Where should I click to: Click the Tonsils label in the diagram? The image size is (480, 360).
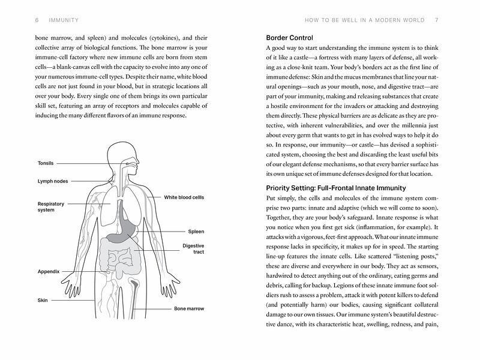tap(46, 163)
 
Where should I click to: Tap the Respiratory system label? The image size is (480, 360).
tap(50, 207)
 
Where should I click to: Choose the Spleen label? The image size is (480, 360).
tap(196, 231)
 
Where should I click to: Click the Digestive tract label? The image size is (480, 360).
tap(193, 249)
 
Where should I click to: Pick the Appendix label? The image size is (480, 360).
tap(49, 272)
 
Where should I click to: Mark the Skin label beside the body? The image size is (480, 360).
tap(43, 300)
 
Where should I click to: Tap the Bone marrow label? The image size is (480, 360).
tap(189, 309)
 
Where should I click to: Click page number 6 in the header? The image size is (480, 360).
tap(21, 20)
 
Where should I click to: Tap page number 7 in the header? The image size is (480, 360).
tap(437, 20)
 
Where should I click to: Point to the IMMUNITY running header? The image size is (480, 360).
tap(47, 20)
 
